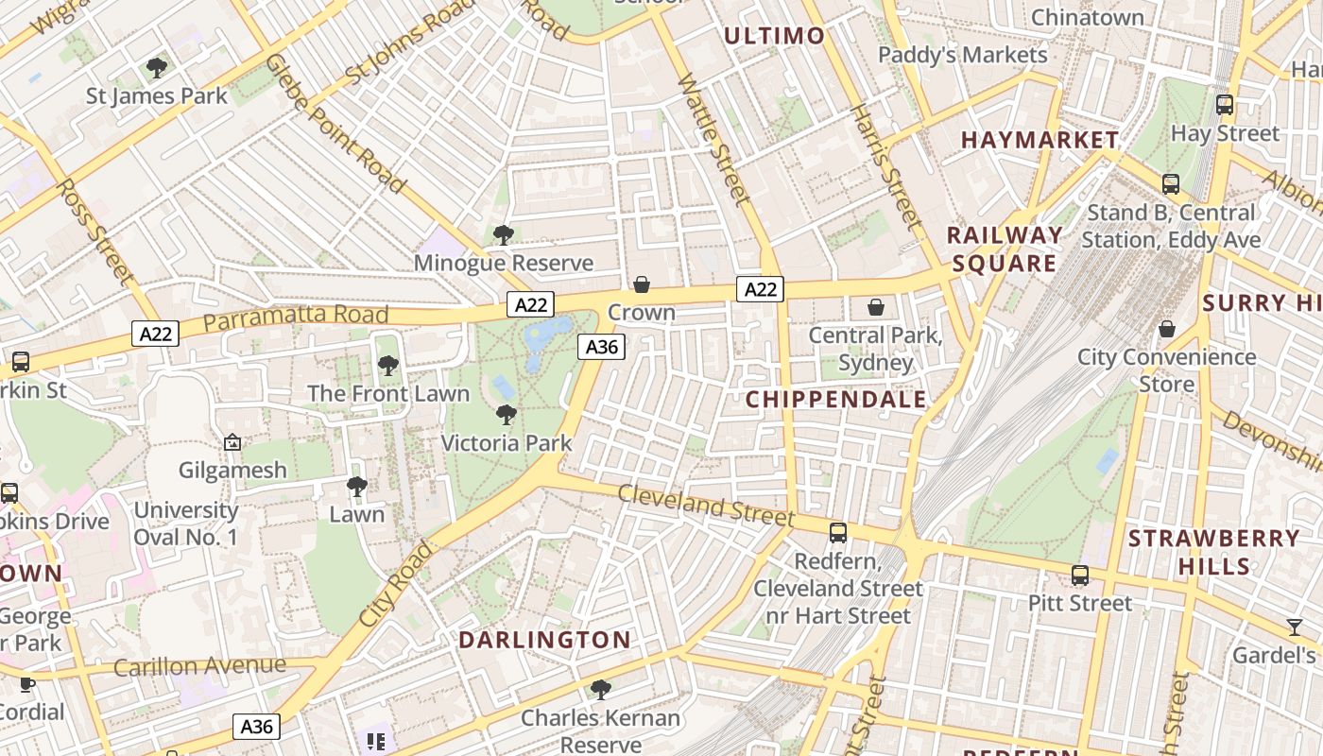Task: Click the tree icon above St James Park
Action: coord(157,68)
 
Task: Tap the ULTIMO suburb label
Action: coord(774,36)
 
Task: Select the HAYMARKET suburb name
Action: coord(1039,140)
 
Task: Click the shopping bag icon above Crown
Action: coord(642,284)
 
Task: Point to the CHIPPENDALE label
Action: coord(835,400)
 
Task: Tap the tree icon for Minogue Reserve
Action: coord(504,234)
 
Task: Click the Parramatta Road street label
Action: coord(296,318)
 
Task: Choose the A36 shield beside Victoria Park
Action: coord(602,347)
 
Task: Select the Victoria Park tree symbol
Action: coord(507,415)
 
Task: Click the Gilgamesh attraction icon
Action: coord(232,442)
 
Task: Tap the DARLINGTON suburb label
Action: coord(544,640)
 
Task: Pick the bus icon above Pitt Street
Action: coord(1079,576)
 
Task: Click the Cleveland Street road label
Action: coord(706,505)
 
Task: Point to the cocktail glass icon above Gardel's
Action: coord(1294,627)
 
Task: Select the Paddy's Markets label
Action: coord(962,55)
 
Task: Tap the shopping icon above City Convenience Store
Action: coord(1167,329)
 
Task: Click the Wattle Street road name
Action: coord(713,139)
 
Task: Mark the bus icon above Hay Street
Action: coord(1225,105)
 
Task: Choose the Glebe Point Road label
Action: coord(335,123)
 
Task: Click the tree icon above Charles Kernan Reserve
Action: coord(600,690)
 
